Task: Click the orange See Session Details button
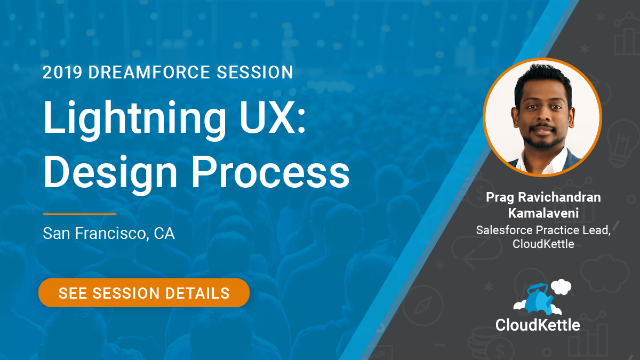(144, 293)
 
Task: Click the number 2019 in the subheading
(62, 72)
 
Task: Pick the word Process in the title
(270, 173)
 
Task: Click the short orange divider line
(79, 214)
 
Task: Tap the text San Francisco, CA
(109, 234)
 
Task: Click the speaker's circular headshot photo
(542, 117)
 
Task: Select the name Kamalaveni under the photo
(543, 213)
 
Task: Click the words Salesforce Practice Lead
(543, 230)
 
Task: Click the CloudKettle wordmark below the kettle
(538, 325)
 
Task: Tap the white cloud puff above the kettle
(561, 287)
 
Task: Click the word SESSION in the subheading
(255, 72)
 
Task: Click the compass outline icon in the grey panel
(423, 306)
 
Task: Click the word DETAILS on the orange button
(197, 293)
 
